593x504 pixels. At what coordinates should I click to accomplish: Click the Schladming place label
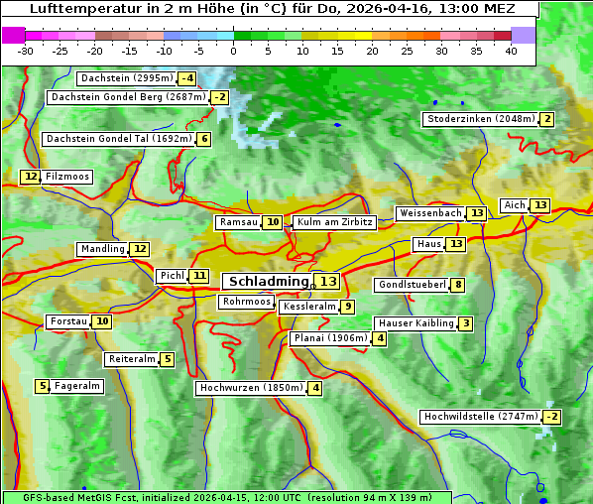[x=270, y=282]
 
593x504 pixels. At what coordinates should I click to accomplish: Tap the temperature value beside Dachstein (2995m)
[x=186, y=78]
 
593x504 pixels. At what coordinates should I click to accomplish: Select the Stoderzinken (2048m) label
[x=480, y=119]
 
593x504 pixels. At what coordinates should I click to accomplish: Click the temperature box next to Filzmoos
[x=31, y=177]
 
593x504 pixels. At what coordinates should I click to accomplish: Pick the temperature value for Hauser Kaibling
[x=465, y=323]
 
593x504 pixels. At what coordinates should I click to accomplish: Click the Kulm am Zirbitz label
[x=334, y=222]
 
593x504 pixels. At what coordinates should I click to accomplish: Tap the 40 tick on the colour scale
[x=511, y=51]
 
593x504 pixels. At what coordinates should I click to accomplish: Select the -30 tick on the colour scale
[x=26, y=51]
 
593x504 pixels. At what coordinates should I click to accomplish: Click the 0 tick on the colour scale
[x=233, y=51]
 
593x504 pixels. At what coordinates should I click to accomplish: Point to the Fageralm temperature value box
[x=43, y=386]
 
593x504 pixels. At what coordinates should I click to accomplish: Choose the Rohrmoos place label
[x=247, y=302]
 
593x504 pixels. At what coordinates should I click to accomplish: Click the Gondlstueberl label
[x=412, y=285]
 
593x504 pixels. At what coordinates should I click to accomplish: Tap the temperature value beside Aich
[x=539, y=205]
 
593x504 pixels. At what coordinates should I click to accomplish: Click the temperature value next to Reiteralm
[x=168, y=359]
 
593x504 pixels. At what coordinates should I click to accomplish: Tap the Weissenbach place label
[x=429, y=213]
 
